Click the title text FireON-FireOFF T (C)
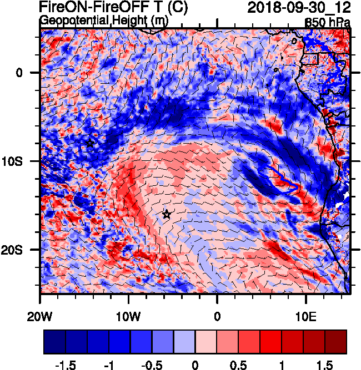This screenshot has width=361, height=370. coord(113,8)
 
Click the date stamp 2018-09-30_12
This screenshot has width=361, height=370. coord(298,8)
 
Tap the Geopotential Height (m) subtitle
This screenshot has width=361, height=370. coord(104,21)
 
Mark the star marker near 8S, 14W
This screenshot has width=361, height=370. coord(91,144)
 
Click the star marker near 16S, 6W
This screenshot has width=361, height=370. coord(166,215)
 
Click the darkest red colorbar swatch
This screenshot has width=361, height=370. coord(335,342)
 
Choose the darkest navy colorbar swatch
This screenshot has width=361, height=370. coord(54,342)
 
